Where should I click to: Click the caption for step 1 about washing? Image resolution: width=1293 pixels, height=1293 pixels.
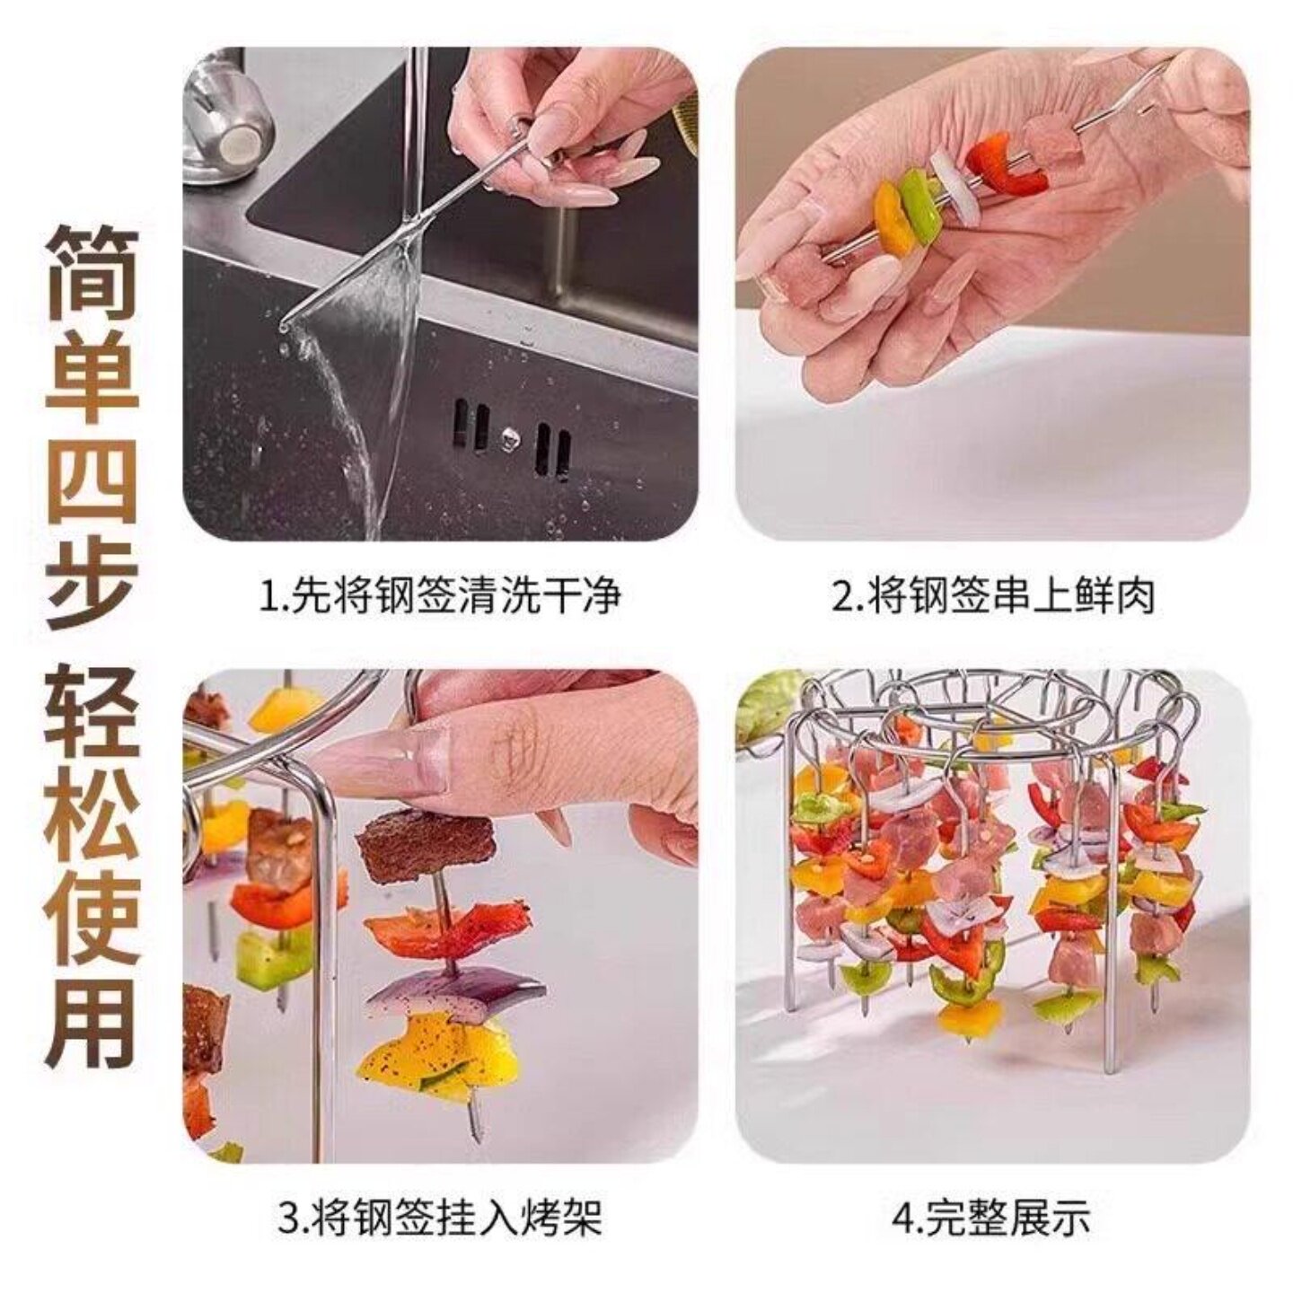440,596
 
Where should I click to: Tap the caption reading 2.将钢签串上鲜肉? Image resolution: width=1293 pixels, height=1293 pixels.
993,596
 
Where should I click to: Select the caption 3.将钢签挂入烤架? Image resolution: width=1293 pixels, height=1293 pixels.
440,1218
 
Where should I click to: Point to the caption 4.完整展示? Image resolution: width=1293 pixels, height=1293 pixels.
991,1218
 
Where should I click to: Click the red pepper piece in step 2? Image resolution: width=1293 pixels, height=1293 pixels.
1010,165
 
